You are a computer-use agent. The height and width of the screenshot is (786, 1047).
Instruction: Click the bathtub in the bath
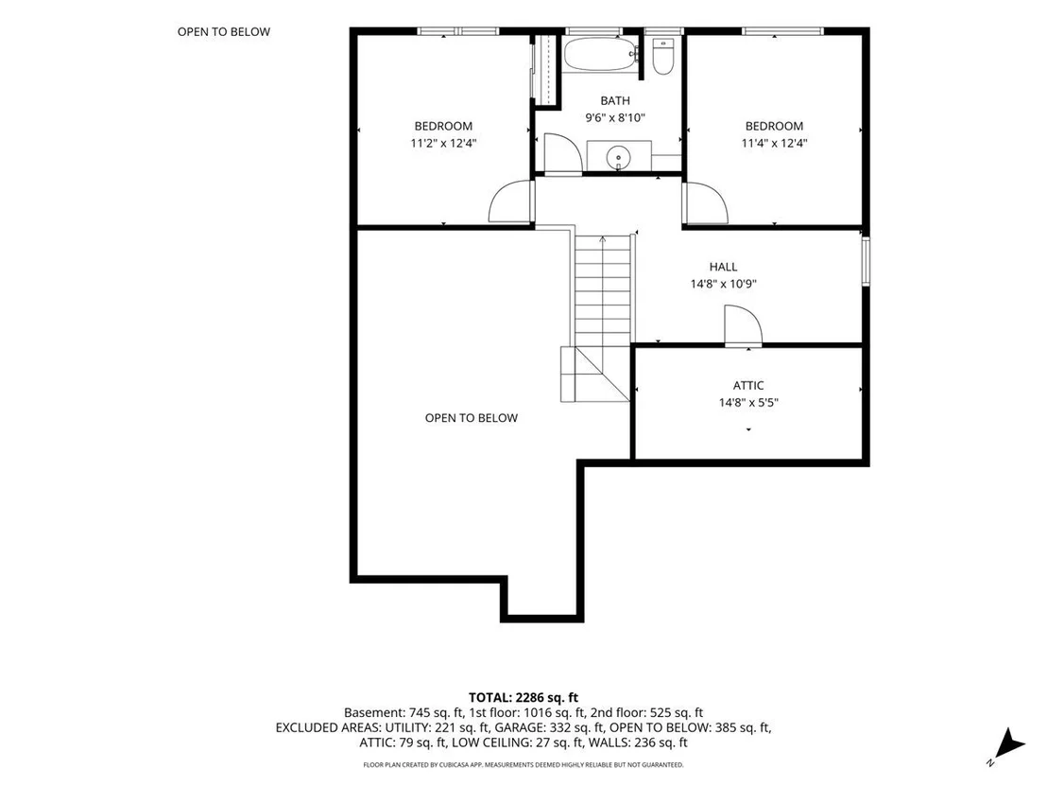point(601,54)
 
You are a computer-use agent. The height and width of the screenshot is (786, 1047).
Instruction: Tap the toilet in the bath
point(663,56)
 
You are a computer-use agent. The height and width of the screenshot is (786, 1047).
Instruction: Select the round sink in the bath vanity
point(618,158)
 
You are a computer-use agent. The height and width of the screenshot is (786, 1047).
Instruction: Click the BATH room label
point(615,101)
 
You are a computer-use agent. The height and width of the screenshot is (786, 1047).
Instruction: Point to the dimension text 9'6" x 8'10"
point(615,118)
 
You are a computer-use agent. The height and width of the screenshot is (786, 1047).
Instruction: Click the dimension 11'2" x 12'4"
point(443,143)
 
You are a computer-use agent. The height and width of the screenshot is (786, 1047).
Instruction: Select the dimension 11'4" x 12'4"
point(775,143)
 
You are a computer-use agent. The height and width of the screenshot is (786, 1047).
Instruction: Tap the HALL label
point(723,267)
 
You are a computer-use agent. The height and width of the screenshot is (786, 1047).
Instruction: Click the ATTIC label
point(748,386)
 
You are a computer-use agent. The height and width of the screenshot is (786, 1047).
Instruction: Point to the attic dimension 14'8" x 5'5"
point(748,402)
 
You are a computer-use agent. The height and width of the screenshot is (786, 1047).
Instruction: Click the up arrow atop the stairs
point(603,238)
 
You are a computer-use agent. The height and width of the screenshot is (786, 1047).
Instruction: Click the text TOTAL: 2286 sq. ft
point(523,698)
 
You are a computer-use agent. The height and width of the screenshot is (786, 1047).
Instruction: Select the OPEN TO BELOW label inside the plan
point(472,418)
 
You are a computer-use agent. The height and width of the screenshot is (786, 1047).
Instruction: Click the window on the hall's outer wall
point(867,261)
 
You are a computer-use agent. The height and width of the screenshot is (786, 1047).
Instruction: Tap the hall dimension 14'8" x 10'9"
point(723,284)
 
